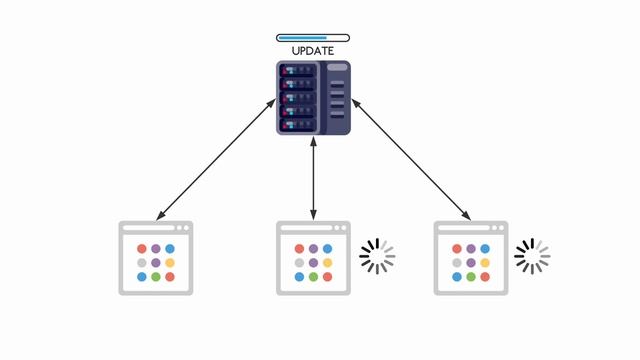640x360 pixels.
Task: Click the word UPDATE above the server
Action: pos(313,50)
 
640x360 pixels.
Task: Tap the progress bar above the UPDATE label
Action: pos(313,38)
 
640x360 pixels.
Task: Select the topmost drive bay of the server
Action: pos(297,70)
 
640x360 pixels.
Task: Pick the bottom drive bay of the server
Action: pos(297,125)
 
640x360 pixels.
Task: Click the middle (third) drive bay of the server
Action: pos(297,98)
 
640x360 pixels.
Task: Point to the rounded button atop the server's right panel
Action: pos(337,68)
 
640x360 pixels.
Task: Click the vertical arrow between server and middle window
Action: pos(314,180)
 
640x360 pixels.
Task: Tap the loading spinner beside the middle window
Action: pos(377,256)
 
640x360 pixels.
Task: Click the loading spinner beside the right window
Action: pos(532,256)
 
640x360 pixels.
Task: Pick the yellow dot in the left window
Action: pos(170,263)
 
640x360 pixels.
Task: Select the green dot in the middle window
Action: pos(313,277)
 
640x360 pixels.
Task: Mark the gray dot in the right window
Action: pos(457,263)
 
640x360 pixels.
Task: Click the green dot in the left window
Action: pos(156,277)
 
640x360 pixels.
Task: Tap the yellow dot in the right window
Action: pos(485,263)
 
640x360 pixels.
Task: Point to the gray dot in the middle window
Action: pos(299,263)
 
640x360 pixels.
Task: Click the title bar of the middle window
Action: pos(313,229)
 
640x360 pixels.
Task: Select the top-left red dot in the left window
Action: pos(142,249)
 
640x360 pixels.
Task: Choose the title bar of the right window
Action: pos(470,229)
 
